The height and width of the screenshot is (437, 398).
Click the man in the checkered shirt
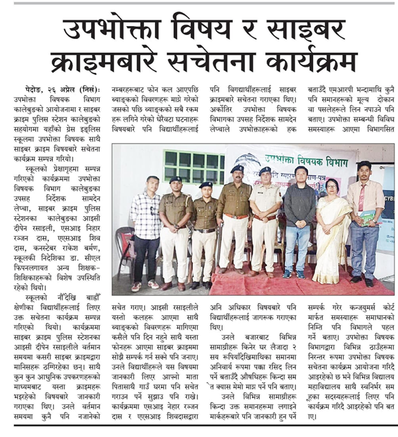tap(146, 230)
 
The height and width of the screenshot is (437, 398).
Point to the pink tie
tap(362, 198)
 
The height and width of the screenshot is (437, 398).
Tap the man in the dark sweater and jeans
tap(299, 223)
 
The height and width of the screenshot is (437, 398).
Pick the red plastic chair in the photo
tap(124, 246)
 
